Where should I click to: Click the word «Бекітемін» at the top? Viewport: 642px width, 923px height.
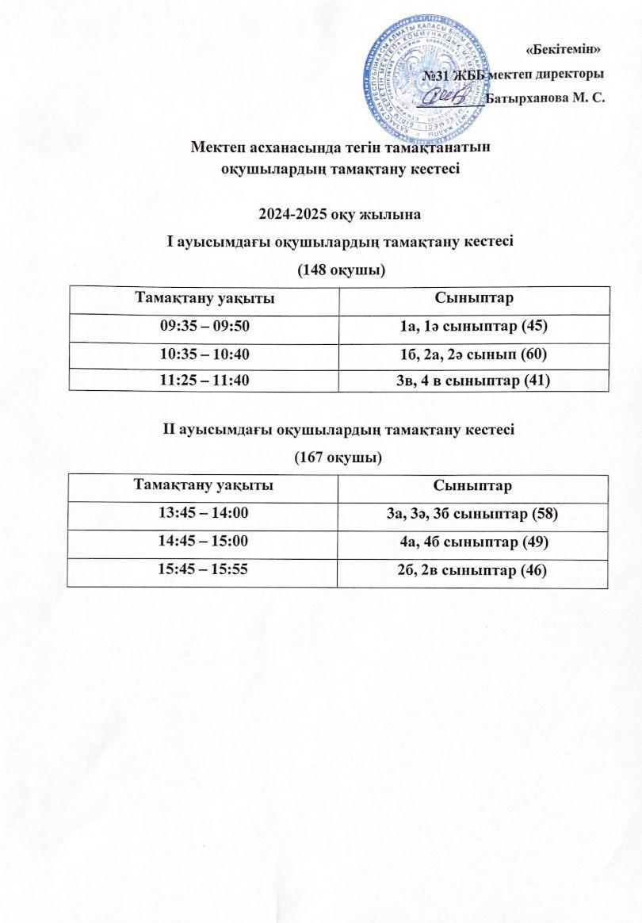point(564,49)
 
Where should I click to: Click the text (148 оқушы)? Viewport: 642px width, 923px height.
point(341,270)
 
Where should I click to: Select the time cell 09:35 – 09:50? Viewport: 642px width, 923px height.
point(204,326)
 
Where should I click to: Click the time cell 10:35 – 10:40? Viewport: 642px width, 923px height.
point(204,354)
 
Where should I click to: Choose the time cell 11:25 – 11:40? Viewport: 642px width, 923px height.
point(204,381)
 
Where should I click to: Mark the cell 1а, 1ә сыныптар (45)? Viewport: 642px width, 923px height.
point(474,327)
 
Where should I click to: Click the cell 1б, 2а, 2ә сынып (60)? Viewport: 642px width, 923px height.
point(474,354)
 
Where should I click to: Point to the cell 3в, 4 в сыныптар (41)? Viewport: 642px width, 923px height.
point(474,381)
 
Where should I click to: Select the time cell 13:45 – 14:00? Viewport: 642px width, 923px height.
point(204,513)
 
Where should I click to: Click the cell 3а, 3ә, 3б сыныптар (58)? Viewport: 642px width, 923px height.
point(473,515)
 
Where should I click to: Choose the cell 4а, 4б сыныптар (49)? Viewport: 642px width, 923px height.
point(473,542)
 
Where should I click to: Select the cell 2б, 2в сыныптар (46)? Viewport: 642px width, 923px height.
point(473,569)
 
